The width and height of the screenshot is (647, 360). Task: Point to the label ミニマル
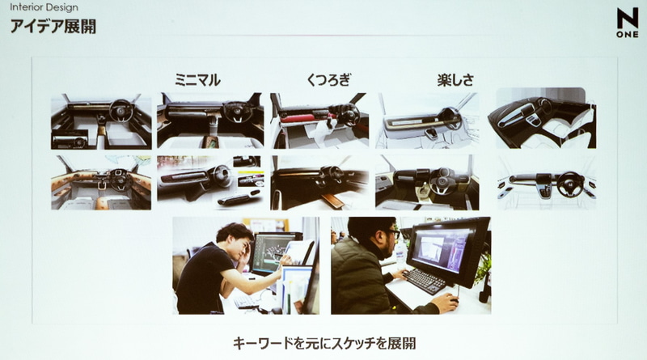pyautogui.click(x=197, y=79)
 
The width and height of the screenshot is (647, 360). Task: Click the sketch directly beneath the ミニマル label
pyautogui.click(x=209, y=120)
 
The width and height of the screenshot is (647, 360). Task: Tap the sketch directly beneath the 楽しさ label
pyautogui.click(x=427, y=120)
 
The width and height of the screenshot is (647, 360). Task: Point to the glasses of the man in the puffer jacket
pyautogui.click(x=392, y=232)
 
